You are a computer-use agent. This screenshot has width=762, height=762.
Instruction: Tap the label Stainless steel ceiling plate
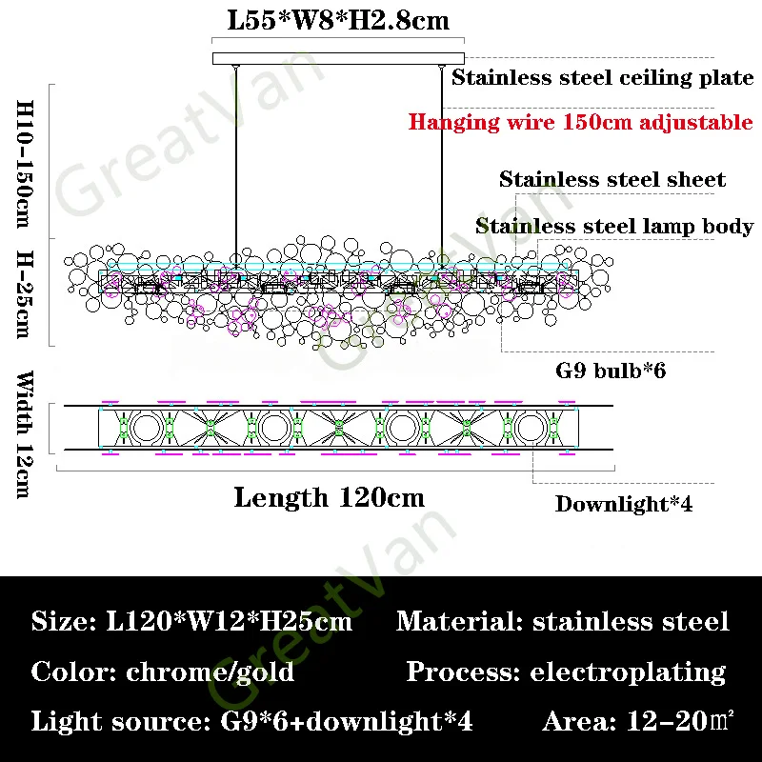[602, 78]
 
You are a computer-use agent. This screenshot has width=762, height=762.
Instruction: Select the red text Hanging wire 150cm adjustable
[581, 122]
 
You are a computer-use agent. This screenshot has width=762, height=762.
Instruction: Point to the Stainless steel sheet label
[612, 179]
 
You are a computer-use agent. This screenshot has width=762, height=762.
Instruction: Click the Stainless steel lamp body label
[614, 227]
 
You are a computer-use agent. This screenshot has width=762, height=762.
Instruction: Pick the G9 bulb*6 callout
[611, 370]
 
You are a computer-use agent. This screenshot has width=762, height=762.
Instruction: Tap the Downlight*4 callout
[624, 504]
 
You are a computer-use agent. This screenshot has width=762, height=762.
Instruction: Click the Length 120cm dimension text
[329, 497]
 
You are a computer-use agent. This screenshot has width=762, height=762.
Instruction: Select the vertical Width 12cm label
[25, 433]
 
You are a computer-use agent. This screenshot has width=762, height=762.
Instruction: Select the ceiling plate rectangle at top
[338, 58]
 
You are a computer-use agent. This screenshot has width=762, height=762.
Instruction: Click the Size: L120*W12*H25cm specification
[191, 623]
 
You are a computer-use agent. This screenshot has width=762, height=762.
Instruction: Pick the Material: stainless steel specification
[562, 623]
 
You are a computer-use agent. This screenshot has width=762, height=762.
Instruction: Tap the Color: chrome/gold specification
[163, 672]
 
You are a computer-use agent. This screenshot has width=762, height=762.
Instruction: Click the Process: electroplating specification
[566, 672]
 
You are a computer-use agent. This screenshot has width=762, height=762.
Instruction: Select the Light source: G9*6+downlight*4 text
[252, 721]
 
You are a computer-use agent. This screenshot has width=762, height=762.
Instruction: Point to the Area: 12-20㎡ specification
[639, 721]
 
